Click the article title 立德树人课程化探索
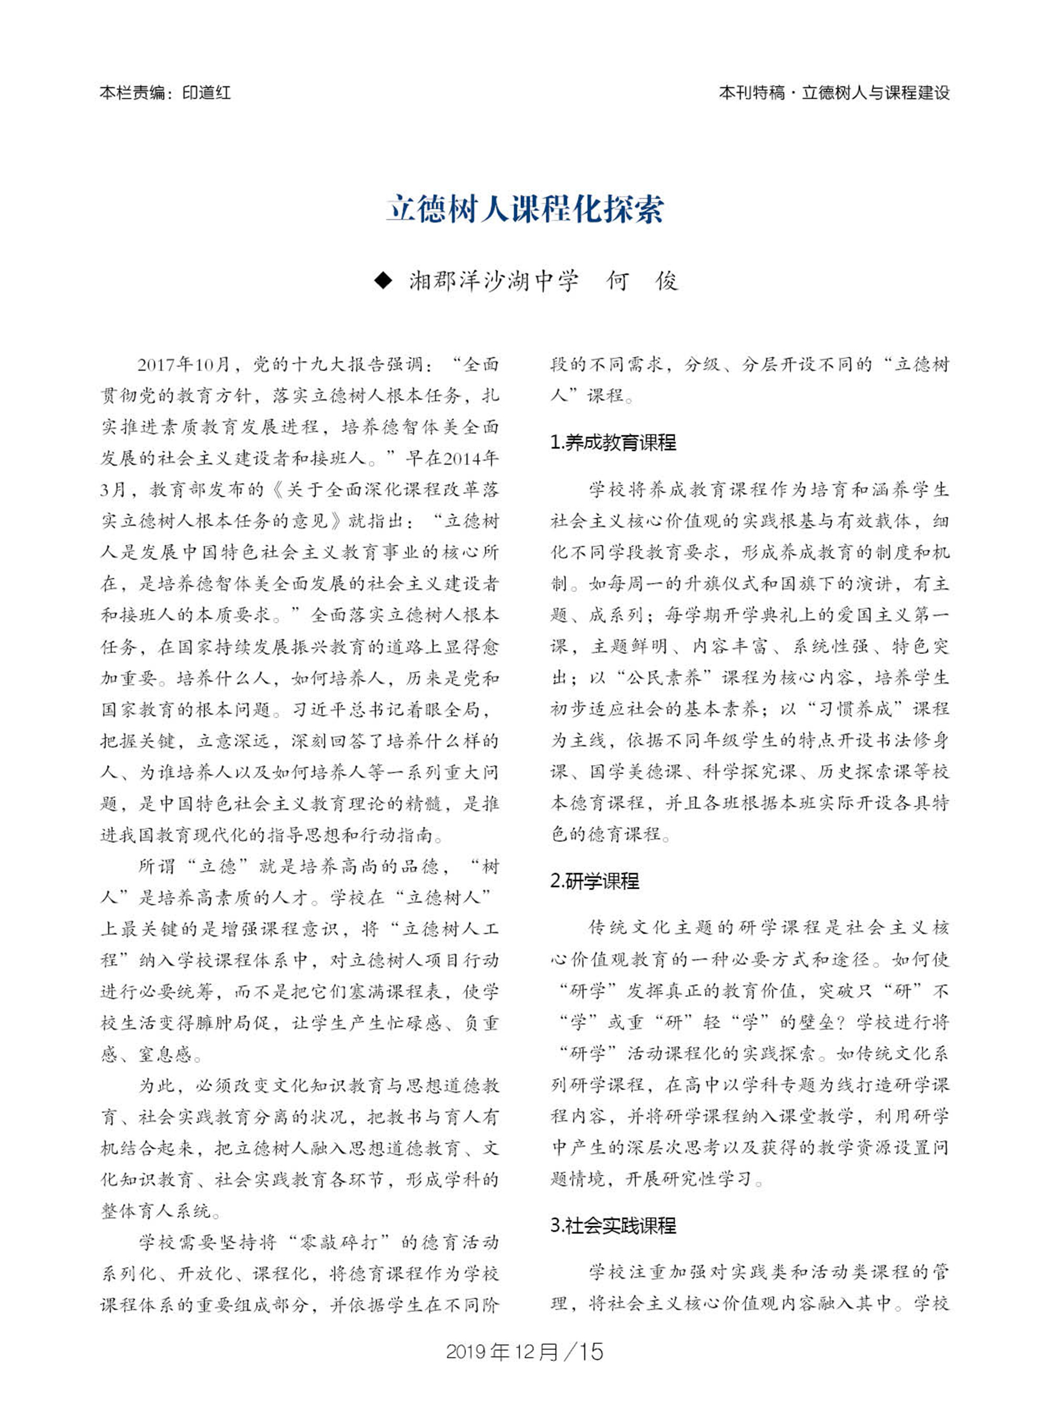click(x=525, y=208)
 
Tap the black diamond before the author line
click(x=383, y=281)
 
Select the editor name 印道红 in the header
click(x=206, y=93)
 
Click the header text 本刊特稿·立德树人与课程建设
click(x=833, y=93)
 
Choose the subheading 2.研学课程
click(x=594, y=881)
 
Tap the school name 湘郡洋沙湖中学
click(x=494, y=281)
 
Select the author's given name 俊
click(x=667, y=281)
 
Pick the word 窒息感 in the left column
click(x=165, y=1055)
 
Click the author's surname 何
click(x=616, y=281)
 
